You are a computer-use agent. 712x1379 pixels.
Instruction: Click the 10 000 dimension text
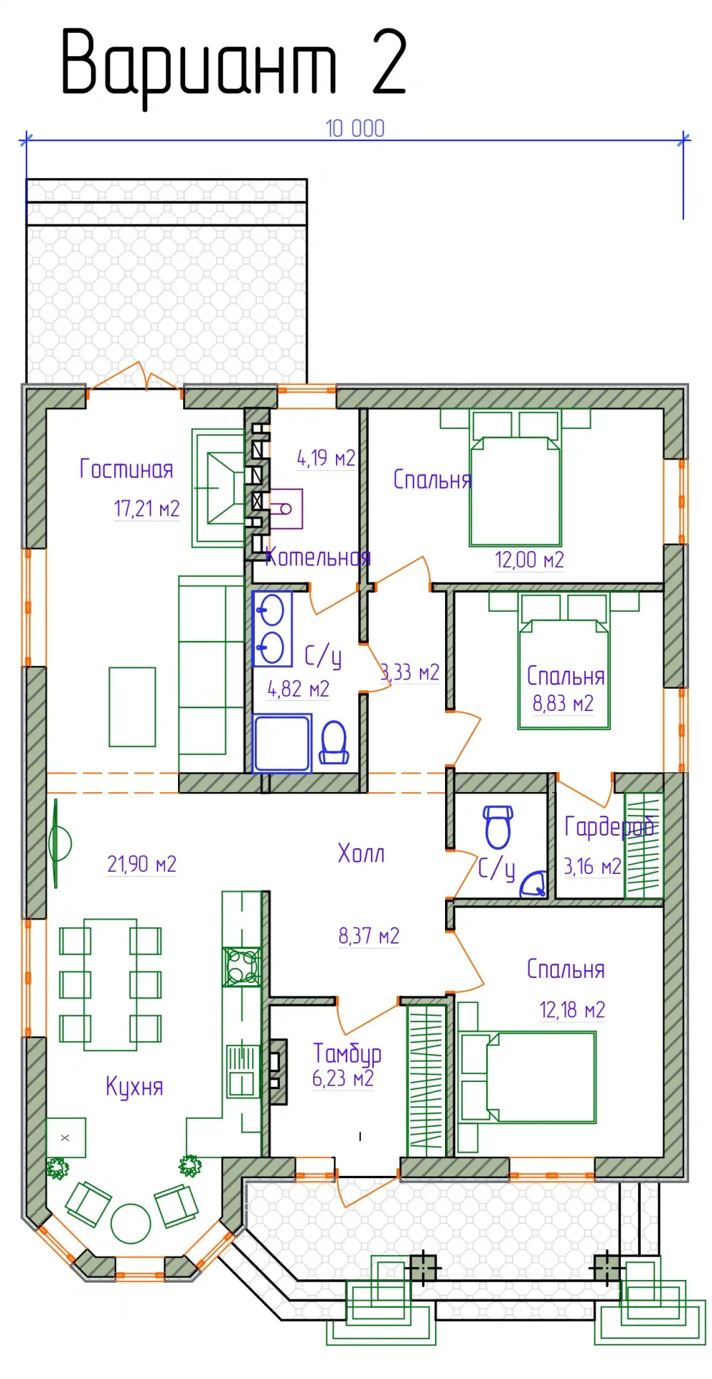(x=355, y=128)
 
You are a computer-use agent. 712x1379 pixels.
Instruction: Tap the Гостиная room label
(x=126, y=469)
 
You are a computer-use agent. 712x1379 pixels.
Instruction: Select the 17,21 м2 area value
(x=147, y=509)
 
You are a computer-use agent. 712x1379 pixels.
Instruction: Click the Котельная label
(x=318, y=557)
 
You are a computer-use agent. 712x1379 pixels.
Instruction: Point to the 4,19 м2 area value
(x=326, y=458)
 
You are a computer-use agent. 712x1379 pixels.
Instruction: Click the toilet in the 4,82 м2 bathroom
(x=334, y=742)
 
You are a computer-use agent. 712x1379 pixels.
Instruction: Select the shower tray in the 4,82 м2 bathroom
(x=282, y=744)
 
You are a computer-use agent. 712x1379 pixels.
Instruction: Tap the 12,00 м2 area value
(x=529, y=560)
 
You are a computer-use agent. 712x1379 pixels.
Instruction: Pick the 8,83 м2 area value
(x=562, y=704)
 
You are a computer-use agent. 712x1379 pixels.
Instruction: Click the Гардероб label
(x=609, y=827)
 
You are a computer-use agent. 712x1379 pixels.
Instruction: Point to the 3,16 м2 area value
(x=592, y=866)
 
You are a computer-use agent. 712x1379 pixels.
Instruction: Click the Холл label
(x=361, y=853)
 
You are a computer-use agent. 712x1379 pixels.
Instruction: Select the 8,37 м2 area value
(x=369, y=935)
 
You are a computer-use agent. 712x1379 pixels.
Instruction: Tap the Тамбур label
(x=347, y=1053)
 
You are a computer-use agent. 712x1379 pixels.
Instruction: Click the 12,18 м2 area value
(x=572, y=1009)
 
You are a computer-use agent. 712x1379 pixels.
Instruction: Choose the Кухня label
(x=135, y=1087)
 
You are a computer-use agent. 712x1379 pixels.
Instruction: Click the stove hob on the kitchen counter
(x=241, y=967)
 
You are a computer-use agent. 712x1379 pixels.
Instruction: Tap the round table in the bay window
(x=131, y=1223)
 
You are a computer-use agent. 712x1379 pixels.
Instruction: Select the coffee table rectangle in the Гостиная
(x=132, y=707)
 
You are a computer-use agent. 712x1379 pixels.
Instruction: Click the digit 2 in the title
(x=389, y=62)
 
